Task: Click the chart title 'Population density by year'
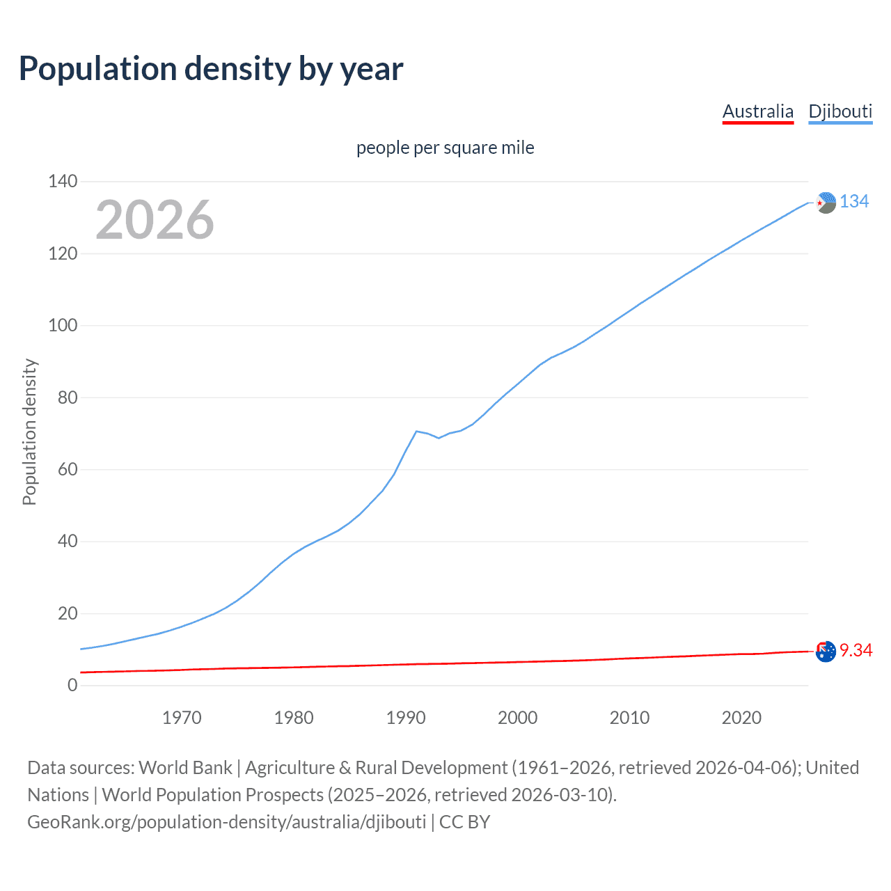211,69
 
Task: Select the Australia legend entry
757,111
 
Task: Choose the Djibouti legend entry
840,111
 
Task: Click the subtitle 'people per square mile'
445,148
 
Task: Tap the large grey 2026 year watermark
155,220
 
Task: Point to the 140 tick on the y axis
63,182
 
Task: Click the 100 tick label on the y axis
63,326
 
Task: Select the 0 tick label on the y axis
72,686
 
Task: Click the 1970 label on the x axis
182,718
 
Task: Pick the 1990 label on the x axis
406,718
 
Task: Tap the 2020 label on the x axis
741,718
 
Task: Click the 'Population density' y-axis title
29,432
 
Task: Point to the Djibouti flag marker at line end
826,203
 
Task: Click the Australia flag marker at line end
826,652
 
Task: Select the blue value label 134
854,202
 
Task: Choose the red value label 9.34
855,650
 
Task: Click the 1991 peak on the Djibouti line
416,432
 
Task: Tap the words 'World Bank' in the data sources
185,768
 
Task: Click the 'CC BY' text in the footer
464,822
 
